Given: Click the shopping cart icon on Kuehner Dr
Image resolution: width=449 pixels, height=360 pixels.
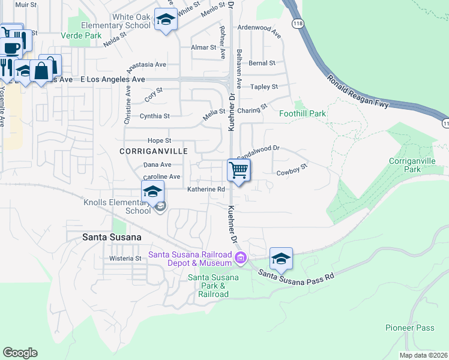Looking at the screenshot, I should point(239,170).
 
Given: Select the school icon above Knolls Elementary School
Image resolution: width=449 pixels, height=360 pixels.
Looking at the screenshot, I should point(153,193).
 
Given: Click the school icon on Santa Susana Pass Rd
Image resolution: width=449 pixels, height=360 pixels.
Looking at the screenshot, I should point(281,259).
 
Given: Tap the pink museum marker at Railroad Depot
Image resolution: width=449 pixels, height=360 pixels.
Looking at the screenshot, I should point(241,259).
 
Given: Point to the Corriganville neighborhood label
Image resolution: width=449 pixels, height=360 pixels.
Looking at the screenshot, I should point(154,151).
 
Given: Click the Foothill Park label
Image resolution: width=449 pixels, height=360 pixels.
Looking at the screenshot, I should point(302,113).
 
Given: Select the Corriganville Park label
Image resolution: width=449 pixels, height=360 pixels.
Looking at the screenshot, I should point(413,166).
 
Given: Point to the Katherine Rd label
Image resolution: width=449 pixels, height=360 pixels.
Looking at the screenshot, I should point(206,189).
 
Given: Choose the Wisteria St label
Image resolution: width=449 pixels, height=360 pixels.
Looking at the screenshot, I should point(125,259).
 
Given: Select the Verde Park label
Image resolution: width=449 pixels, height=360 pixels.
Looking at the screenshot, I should point(81,35).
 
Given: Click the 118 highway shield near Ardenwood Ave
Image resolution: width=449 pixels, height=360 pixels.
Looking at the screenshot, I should point(297,23).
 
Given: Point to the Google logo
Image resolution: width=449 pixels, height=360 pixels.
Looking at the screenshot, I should point(20,352).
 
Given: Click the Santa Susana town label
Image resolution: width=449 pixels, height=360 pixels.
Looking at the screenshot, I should point(112,237).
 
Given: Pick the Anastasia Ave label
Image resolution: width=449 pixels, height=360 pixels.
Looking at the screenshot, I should point(145,64).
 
